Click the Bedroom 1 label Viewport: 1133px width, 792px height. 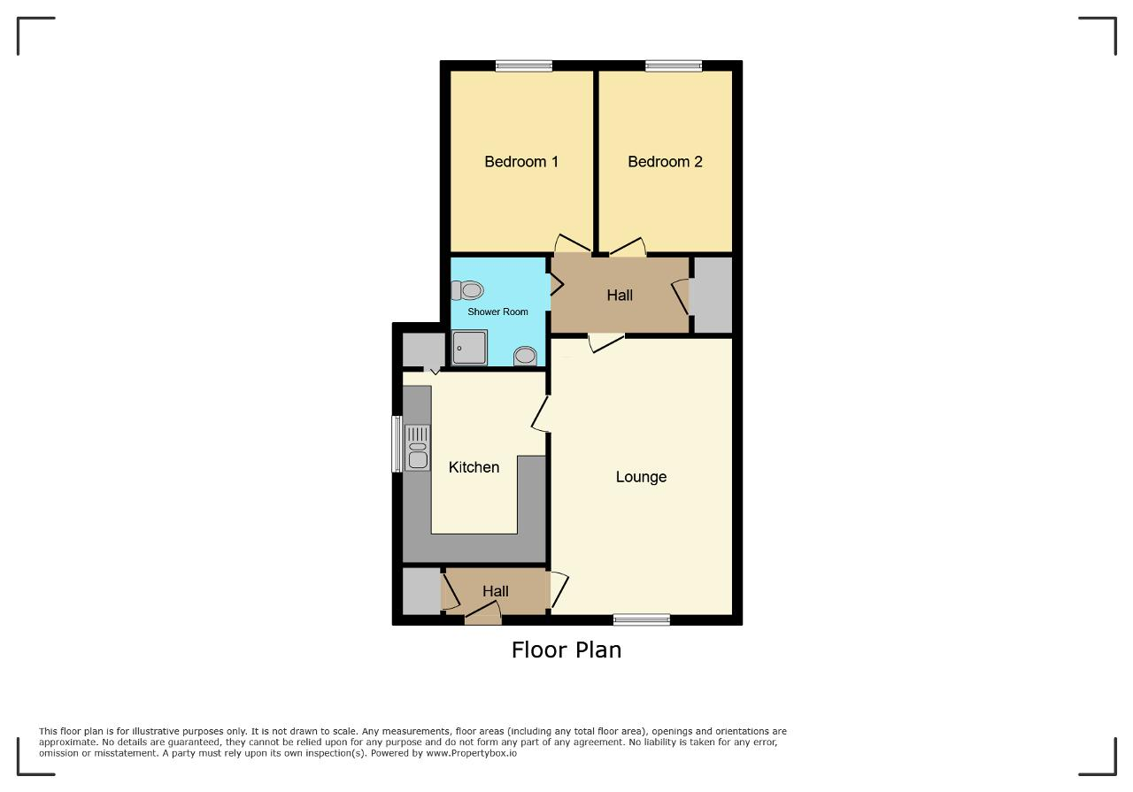(521, 162)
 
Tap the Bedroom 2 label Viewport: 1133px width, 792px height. (665, 162)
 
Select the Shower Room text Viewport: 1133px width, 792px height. (497, 312)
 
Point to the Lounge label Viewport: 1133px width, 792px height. (641, 477)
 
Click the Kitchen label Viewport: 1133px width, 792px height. (474, 467)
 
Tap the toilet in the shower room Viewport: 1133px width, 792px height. (467, 290)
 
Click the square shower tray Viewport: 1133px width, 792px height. (469, 348)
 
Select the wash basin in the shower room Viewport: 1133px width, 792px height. (525, 356)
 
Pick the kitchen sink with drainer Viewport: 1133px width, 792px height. (417, 448)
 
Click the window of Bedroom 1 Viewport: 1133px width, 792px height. (524, 65)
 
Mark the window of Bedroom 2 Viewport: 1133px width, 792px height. (674, 65)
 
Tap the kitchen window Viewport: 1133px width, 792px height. (397, 444)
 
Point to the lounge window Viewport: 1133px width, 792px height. (642, 619)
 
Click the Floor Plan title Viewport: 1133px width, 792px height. (566, 650)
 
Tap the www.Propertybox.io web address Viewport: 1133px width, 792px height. (472, 753)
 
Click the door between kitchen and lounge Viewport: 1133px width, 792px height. (541, 414)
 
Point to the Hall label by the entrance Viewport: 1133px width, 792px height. (495, 591)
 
